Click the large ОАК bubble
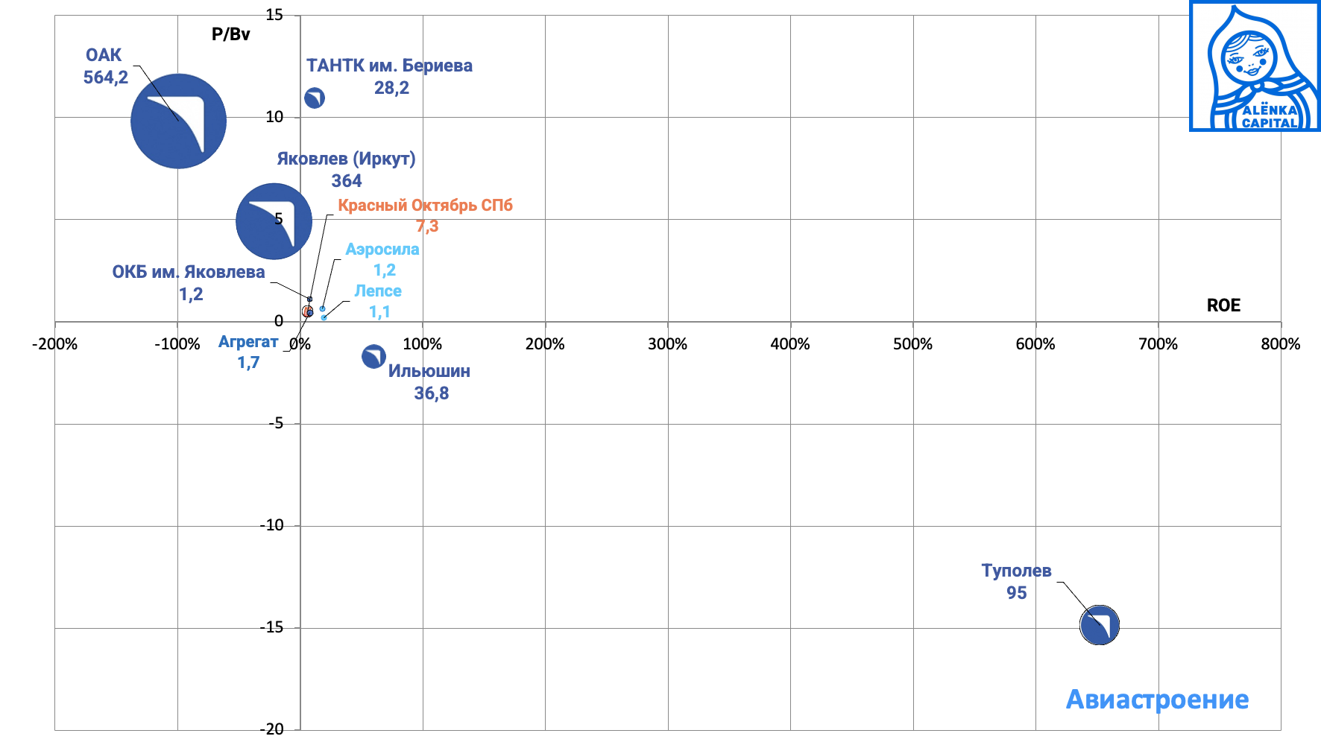point(178,121)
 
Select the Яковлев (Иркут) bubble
point(274,221)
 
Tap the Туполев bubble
point(1100,625)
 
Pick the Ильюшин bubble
point(373,357)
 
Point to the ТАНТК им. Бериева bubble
point(315,98)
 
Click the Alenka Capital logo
point(1255,66)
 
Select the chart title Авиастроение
point(1157,700)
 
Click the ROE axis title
point(1223,305)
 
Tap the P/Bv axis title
point(231,34)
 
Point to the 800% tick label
point(1280,344)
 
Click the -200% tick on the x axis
point(54,344)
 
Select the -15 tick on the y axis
point(271,627)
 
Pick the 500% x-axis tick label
point(912,344)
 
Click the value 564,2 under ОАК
point(106,77)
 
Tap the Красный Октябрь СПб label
point(425,206)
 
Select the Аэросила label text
point(382,250)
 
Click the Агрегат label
point(248,342)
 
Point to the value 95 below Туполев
point(1017,593)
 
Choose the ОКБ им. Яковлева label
point(189,272)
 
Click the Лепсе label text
point(378,291)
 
